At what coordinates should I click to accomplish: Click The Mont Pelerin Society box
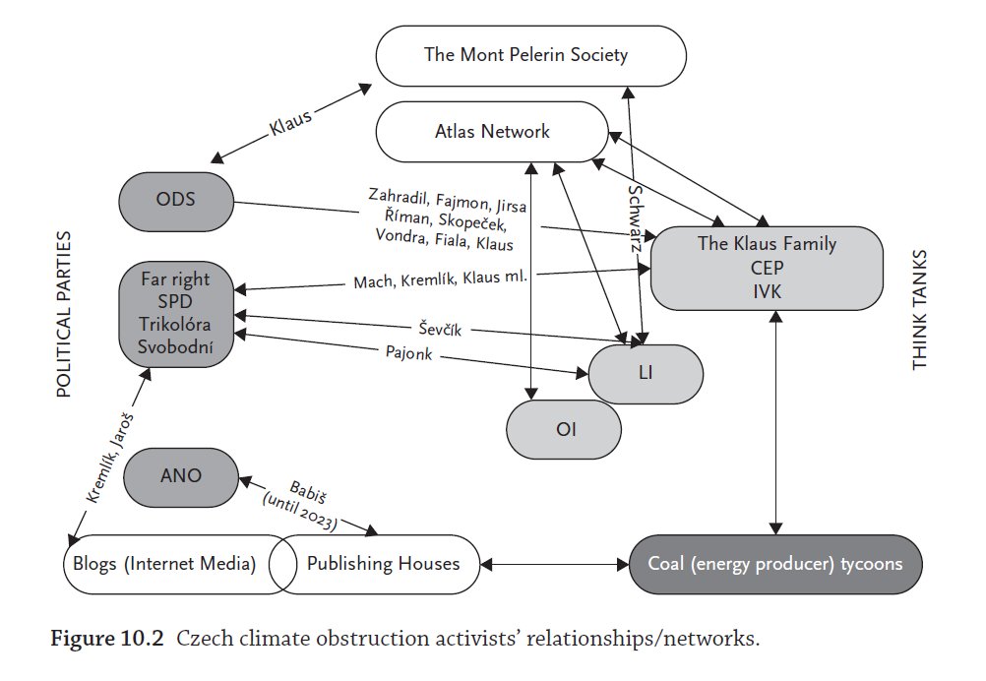pyautogui.click(x=530, y=55)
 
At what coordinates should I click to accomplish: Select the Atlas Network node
pyautogui.click(x=492, y=132)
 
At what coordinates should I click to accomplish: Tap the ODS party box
pyautogui.click(x=176, y=201)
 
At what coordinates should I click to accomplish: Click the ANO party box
pyautogui.click(x=181, y=477)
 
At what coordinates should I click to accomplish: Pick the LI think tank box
pyautogui.click(x=646, y=374)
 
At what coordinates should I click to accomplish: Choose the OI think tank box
pyautogui.click(x=564, y=429)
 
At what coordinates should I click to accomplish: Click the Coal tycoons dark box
pyautogui.click(x=775, y=564)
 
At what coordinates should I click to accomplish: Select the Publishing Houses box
pyautogui.click(x=376, y=564)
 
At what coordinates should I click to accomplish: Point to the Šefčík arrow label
pyautogui.click(x=440, y=329)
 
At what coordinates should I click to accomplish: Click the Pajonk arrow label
pyautogui.click(x=408, y=352)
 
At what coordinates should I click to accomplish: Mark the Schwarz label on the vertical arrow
pyautogui.click(x=636, y=218)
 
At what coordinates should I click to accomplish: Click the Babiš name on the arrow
pyautogui.click(x=307, y=492)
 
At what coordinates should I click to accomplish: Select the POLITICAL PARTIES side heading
pyautogui.click(x=64, y=314)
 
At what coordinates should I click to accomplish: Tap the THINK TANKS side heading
pyautogui.click(x=919, y=309)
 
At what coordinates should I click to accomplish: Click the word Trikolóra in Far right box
pyautogui.click(x=175, y=325)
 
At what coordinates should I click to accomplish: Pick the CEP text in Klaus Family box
pyautogui.click(x=767, y=268)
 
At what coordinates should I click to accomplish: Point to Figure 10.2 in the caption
pyautogui.click(x=107, y=639)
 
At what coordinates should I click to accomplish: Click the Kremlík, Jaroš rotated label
pyautogui.click(x=110, y=458)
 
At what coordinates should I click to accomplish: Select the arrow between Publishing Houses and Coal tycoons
pyautogui.click(x=555, y=565)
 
